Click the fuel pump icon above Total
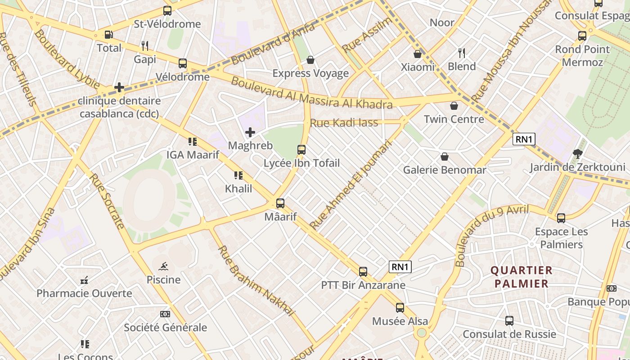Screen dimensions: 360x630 [108, 35]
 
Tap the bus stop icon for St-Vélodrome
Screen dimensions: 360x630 [167, 11]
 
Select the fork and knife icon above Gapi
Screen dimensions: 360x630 [145, 45]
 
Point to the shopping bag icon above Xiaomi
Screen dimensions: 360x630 [418, 54]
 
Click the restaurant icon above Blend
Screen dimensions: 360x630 [462, 53]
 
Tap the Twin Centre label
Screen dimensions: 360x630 [454, 119]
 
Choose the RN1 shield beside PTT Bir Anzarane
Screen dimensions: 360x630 [400, 267]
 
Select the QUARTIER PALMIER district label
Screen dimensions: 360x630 [521, 277]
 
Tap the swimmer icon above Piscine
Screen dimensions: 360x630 [163, 266]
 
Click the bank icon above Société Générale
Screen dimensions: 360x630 [165, 314]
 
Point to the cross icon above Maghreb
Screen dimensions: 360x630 [250, 132]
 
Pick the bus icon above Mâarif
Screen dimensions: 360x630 [280, 203]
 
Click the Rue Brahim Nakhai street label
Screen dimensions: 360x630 [256, 280]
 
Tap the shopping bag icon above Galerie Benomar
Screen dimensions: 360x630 [445, 157]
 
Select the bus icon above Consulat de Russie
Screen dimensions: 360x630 [509, 321]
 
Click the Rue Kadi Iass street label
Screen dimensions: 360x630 [344, 122]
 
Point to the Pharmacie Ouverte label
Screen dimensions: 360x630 [84, 293]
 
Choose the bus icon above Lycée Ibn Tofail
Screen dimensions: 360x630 [301, 150]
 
